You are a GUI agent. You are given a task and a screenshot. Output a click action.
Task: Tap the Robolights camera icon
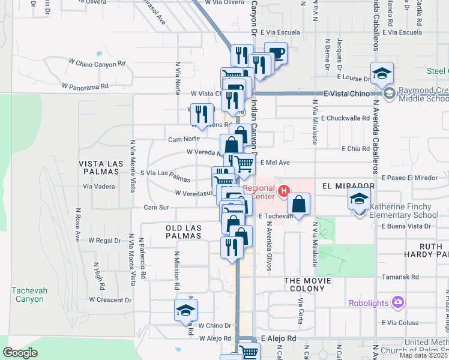(x=397, y=302)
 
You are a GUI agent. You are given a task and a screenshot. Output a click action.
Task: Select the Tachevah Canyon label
(x=28, y=295)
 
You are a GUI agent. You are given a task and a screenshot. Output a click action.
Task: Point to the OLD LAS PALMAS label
(x=184, y=232)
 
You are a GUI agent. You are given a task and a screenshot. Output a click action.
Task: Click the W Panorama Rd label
(x=88, y=86)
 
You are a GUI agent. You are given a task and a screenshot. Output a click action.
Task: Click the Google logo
(x=20, y=353)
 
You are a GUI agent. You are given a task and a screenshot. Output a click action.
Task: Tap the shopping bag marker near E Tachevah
(x=298, y=204)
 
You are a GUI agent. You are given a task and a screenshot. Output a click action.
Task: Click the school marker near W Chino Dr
(x=185, y=311)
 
